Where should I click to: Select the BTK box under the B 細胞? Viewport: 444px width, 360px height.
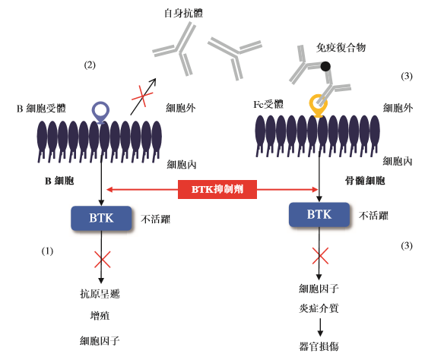101,218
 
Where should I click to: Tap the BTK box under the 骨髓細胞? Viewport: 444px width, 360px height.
319,214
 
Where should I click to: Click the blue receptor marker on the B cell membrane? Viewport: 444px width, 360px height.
101,112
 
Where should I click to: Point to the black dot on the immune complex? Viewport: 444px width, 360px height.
325,67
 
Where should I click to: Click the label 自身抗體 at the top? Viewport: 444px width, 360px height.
183,14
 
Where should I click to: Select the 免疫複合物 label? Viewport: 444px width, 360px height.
341,47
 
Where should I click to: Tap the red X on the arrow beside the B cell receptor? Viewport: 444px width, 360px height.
140,98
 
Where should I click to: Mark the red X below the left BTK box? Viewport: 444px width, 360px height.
102,261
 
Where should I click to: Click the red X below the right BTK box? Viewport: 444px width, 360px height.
319,254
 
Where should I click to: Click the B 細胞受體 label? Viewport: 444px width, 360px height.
41,109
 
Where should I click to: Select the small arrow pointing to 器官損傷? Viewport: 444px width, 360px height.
319,327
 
